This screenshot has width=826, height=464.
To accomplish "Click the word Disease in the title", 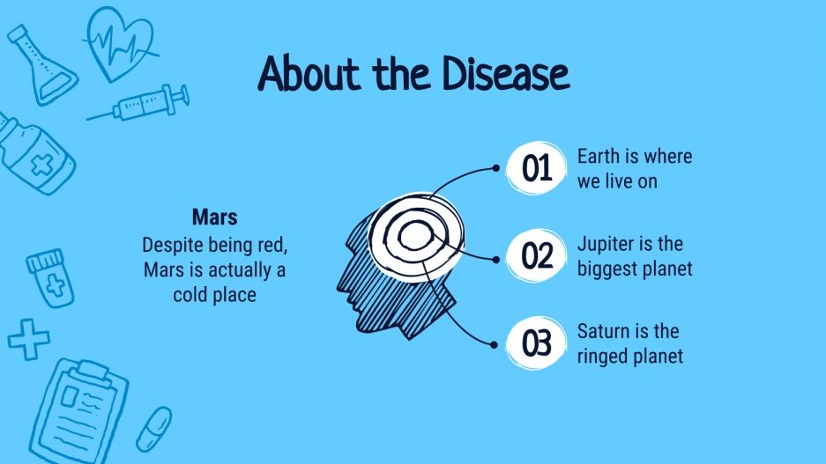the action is pos(505,73).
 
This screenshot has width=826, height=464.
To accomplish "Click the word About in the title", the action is pos(309,73).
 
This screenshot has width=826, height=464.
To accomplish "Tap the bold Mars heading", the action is pos(214,217).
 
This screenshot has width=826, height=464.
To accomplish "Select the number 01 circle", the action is pos(536,168).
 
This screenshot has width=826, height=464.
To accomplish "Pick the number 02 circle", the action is pos(536,255).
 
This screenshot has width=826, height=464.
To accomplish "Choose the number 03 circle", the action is pos(536,343).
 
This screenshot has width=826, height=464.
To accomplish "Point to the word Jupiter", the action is pos(604,245).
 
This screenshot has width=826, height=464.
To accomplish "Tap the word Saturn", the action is pos(600,331).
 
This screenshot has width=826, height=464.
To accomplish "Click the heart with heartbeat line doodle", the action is pos(120,44).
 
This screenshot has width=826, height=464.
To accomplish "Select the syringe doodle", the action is pos(138,103).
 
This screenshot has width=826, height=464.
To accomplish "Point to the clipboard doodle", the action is pos(79,411).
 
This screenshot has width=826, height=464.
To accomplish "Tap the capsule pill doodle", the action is pos(153,430).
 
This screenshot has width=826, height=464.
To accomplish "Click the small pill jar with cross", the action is pos(50,278).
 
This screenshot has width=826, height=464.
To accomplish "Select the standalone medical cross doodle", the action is pos(28,339).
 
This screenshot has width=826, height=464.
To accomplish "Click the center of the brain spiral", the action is pos(415,236).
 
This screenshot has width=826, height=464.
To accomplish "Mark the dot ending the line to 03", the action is pos(494,345).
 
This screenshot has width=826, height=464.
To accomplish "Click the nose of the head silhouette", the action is pos(340,287).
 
